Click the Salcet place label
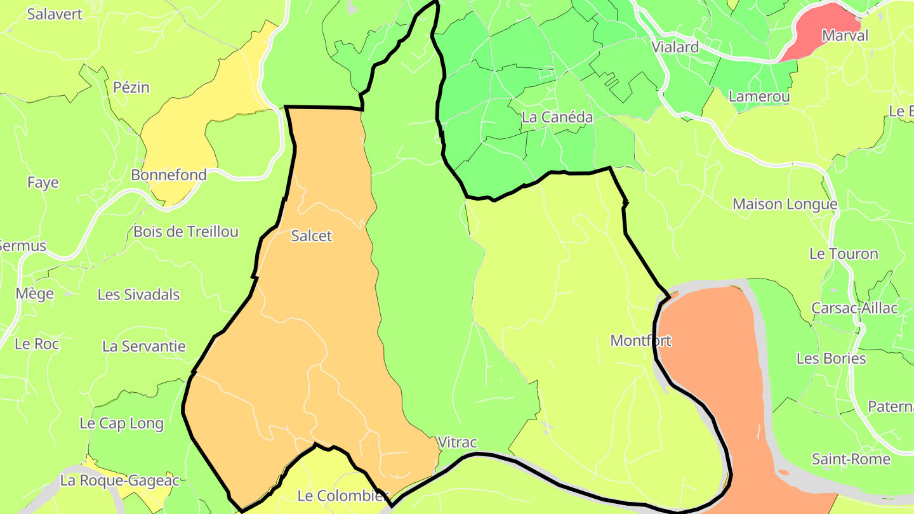coord(311,236)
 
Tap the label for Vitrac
coord(457,443)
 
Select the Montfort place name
coord(640,341)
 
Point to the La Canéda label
coord(557,117)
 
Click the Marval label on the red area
coord(845,36)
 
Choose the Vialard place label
coord(675,47)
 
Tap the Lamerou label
coord(759,97)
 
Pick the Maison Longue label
coord(785,204)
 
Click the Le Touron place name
coord(844,254)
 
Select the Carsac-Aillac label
coord(854,308)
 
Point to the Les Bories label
coord(831,359)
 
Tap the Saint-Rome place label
coord(851,459)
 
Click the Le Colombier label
coord(343,496)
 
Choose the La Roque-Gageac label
coord(120,481)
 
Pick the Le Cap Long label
coord(121,423)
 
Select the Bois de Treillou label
coord(186,232)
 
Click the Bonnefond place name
coord(169,175)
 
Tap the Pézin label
coord(131,88)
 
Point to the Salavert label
coord(55,14)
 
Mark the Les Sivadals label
coord(138,295)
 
